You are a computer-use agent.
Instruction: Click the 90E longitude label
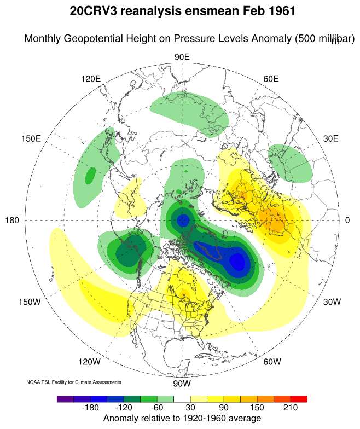click(182, 57)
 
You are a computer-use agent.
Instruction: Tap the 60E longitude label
click(271, 79)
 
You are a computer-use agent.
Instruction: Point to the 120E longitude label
click(91, 79)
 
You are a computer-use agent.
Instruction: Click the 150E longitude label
click(31, 138)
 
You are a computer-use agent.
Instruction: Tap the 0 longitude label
click(347, 220)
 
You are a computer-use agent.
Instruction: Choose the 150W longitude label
click(31, 302)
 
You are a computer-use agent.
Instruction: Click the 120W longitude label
click(90, 362)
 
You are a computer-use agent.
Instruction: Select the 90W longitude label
click(182, 383)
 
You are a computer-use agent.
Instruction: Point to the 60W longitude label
click(272, 362)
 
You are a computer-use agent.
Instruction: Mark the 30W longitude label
click(332, 302)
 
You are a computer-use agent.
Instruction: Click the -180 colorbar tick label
click(90, 409)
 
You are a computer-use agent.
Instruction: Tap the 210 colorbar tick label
click(290, 409)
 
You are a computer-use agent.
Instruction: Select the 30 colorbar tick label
click(190, 409)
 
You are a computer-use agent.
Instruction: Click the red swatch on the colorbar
click(299, 399)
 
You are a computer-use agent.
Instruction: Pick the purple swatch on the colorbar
click(65, 399)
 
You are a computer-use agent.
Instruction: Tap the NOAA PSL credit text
click(73, 382)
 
